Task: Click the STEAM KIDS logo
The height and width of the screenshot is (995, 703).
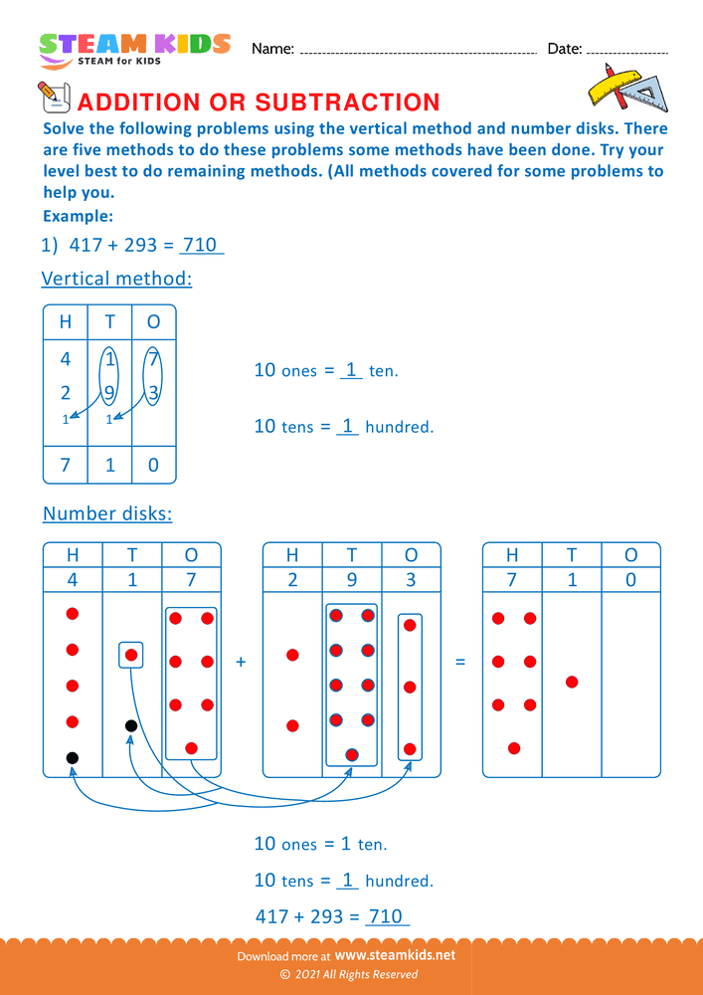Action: (x=134, y=49)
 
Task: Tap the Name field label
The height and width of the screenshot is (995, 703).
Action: (x=272, y=49)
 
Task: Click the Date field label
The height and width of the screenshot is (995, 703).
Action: (x=564, y=49)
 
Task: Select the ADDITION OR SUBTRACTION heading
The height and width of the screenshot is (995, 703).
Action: (x=258, y=102)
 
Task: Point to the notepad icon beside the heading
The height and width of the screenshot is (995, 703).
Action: (x=52, y=97)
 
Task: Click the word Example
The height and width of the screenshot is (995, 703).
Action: (x=78, y=216)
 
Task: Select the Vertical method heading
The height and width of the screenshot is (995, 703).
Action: (x=116, y=279)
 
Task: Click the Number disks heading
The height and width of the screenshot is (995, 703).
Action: (x=107, y=513)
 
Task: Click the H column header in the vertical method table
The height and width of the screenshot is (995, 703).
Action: (x=66, y=322)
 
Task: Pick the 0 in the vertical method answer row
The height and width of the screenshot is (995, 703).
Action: (x=153, y=465)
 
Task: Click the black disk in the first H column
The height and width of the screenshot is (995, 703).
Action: (x=72, y=758)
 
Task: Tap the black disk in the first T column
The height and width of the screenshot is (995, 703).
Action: (x=130, y=726)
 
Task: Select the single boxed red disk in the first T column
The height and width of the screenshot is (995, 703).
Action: (x=130, y=656)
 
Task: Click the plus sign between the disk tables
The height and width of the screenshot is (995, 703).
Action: (x=242, y=661)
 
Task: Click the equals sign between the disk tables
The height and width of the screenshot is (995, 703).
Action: (x=459, y=661)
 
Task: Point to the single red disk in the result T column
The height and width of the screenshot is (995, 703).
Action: (x=571, y=682)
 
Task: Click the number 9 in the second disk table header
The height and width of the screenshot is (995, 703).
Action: (x=351, y=579)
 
